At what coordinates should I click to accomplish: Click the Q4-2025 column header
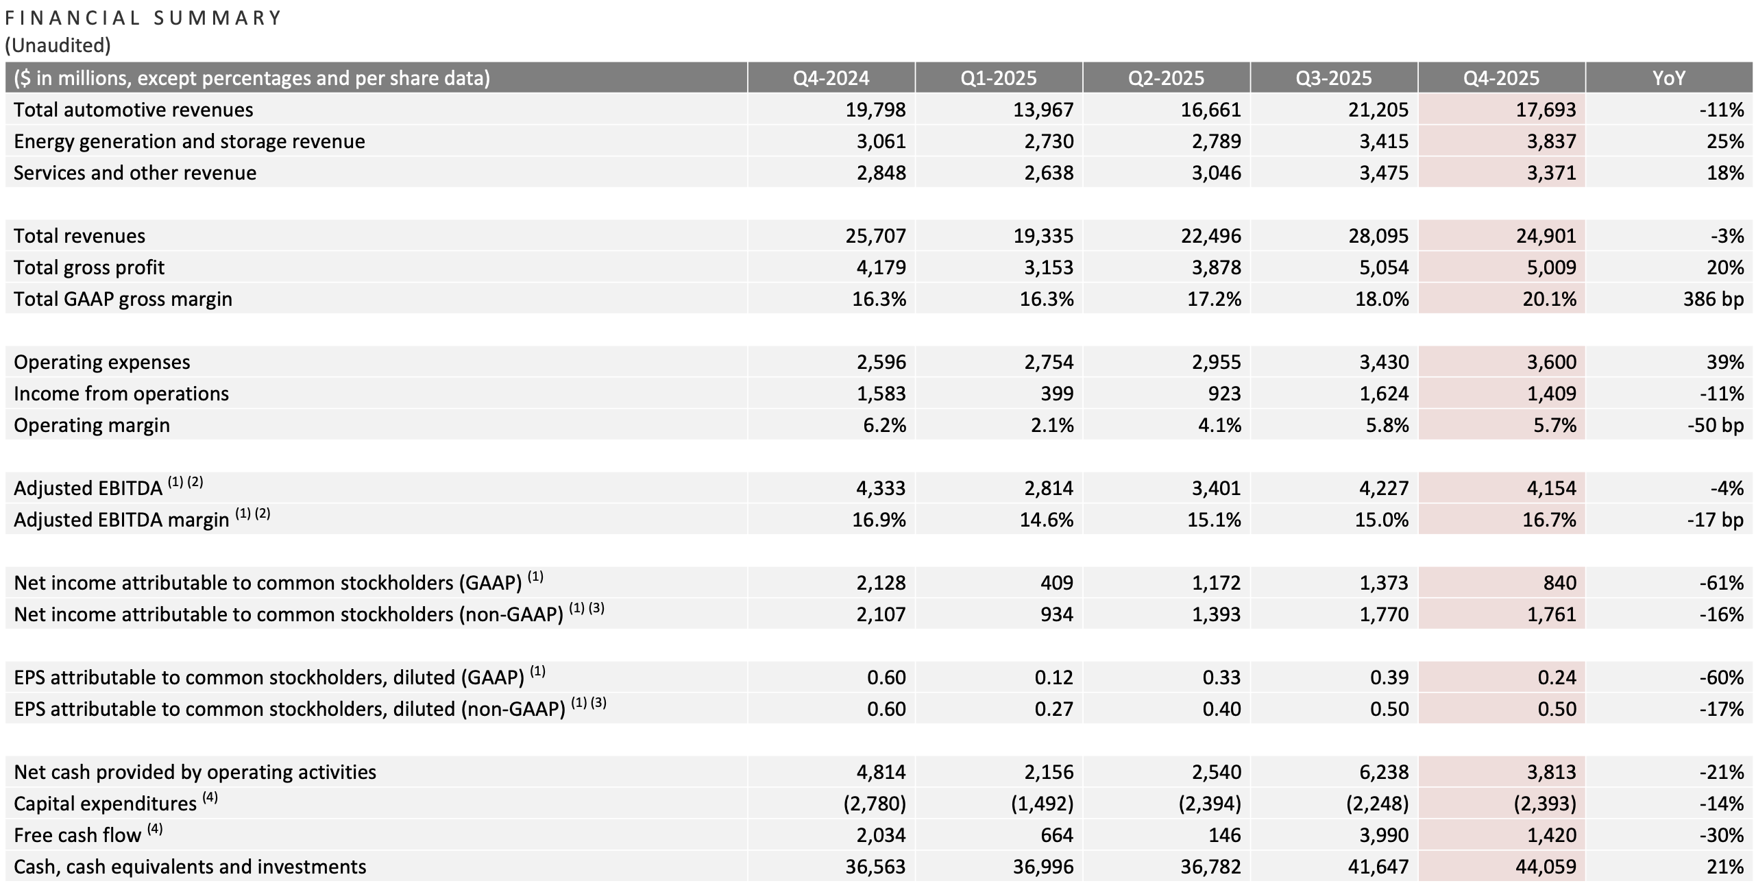coord(1501,78)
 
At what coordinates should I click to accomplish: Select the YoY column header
coord(1668,78)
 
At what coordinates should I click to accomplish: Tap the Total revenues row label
coord(80,236)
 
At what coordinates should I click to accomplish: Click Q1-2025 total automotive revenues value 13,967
coord(1043,110)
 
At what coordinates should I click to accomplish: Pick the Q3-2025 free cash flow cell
coord(1384,835)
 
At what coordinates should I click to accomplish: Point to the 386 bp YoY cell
coord(1713,299)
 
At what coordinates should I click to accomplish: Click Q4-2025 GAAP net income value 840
coord(1560,583)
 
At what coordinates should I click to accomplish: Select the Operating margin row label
coord(92,425)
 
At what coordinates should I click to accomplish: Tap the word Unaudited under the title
coord(58,45)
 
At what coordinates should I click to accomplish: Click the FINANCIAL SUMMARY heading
coord(143,18)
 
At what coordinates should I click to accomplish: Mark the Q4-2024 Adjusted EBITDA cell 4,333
coord(881,488)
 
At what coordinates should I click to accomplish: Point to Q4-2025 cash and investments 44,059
coord(1546,867)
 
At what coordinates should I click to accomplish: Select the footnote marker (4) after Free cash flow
coord(156,829)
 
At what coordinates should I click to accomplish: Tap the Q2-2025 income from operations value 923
coord(1224,394)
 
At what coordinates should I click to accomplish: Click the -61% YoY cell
coord(1721,583)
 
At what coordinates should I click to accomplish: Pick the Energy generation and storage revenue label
coord(189,141)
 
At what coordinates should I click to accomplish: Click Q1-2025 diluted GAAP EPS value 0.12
coord(1054,677)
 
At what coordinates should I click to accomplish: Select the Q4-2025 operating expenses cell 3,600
coord(1551,362)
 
